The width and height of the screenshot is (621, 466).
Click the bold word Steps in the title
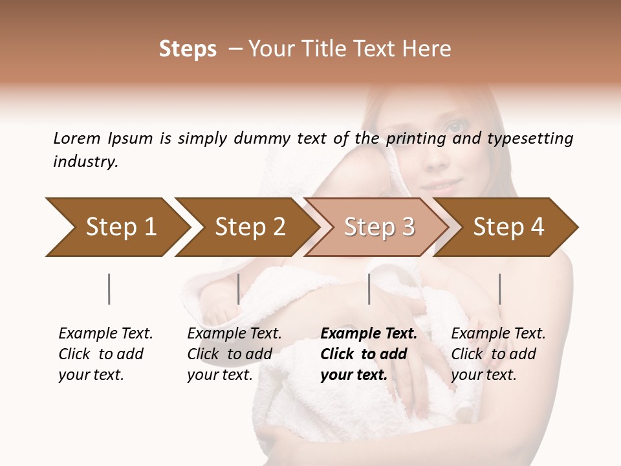tap(188, 50)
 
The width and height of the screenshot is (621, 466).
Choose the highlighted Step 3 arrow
tap(378, 227)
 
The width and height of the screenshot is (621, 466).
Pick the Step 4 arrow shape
tap(508, 227)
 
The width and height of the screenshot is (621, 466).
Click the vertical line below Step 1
tap(109, 289)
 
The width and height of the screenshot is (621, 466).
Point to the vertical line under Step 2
tap(239, 289)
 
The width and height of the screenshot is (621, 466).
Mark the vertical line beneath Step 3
tap(369, 289)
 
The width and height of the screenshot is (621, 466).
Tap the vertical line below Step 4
tap(499, 289)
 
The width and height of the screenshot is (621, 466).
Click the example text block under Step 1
tap(105, 354)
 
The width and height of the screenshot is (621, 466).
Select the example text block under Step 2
tap(234, 354)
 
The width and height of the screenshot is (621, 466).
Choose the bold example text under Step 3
tap(368, 354)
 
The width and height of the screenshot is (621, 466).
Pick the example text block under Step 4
tap(498, 354)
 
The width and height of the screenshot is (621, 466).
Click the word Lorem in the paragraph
tap(77, 138)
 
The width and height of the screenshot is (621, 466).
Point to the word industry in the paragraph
tap(85, 162)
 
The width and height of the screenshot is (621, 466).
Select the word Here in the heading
tap(429, 50)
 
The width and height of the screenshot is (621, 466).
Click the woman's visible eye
tap(455, 126)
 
